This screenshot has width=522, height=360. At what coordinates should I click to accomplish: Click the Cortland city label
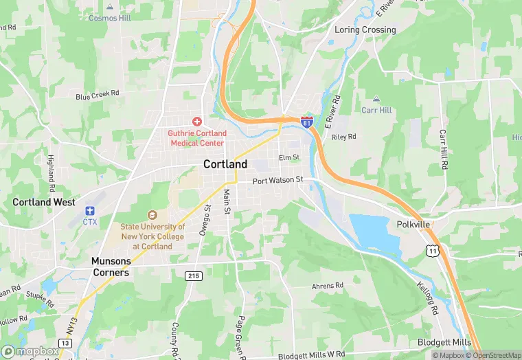coord(225,164)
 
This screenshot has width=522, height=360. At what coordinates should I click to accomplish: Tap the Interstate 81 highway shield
coord(307,122)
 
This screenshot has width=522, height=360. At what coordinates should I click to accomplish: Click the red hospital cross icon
coord(196,121)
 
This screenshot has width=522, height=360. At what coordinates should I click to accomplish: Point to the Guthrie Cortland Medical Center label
coord(196,138)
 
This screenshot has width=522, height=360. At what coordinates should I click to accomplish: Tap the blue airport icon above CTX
coord(89,210)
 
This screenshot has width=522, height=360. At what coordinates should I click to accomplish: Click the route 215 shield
coord(194,275)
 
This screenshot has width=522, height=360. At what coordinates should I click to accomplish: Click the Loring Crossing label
coord(365,30)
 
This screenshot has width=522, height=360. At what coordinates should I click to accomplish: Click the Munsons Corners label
coord(111,267)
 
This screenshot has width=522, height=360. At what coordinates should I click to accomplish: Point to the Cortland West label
coord(43,202)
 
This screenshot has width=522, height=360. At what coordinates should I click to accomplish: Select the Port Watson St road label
coord(277,181)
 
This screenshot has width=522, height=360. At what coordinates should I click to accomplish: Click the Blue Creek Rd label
coord(98,94)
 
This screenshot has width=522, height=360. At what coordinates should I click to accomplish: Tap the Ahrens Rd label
coord(327,285)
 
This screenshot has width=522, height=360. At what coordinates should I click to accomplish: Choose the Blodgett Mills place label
coord(444,343)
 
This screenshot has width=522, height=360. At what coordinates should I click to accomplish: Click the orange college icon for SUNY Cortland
coord(152,215)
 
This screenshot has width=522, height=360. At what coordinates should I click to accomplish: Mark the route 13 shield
coord(65,343)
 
